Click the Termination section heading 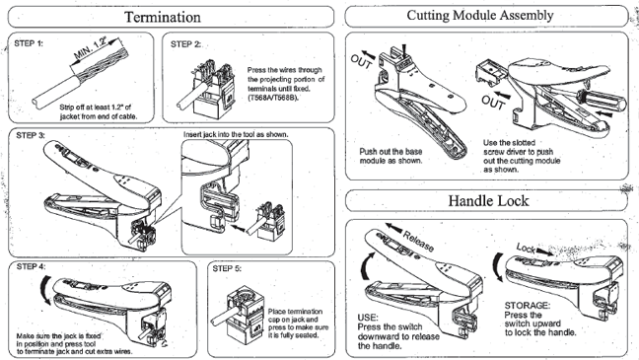pos(162,17)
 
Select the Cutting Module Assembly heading pos(480,16)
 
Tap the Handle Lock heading pos(488,200)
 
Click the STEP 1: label pos(29,43)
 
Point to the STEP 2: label pos(185,44)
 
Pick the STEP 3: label pos(31,135)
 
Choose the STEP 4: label pos(31,266)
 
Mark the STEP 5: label pos(227,268)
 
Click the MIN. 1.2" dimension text pos(91,48)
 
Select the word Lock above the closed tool pos(526,248)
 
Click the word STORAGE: pos(528,306)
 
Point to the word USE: pos(368,318)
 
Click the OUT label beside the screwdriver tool pos(493,103)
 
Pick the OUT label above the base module pos(361,61)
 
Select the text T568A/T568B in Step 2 pos(272,98)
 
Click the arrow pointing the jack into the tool pos(239,227)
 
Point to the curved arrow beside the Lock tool pos(496,267)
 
